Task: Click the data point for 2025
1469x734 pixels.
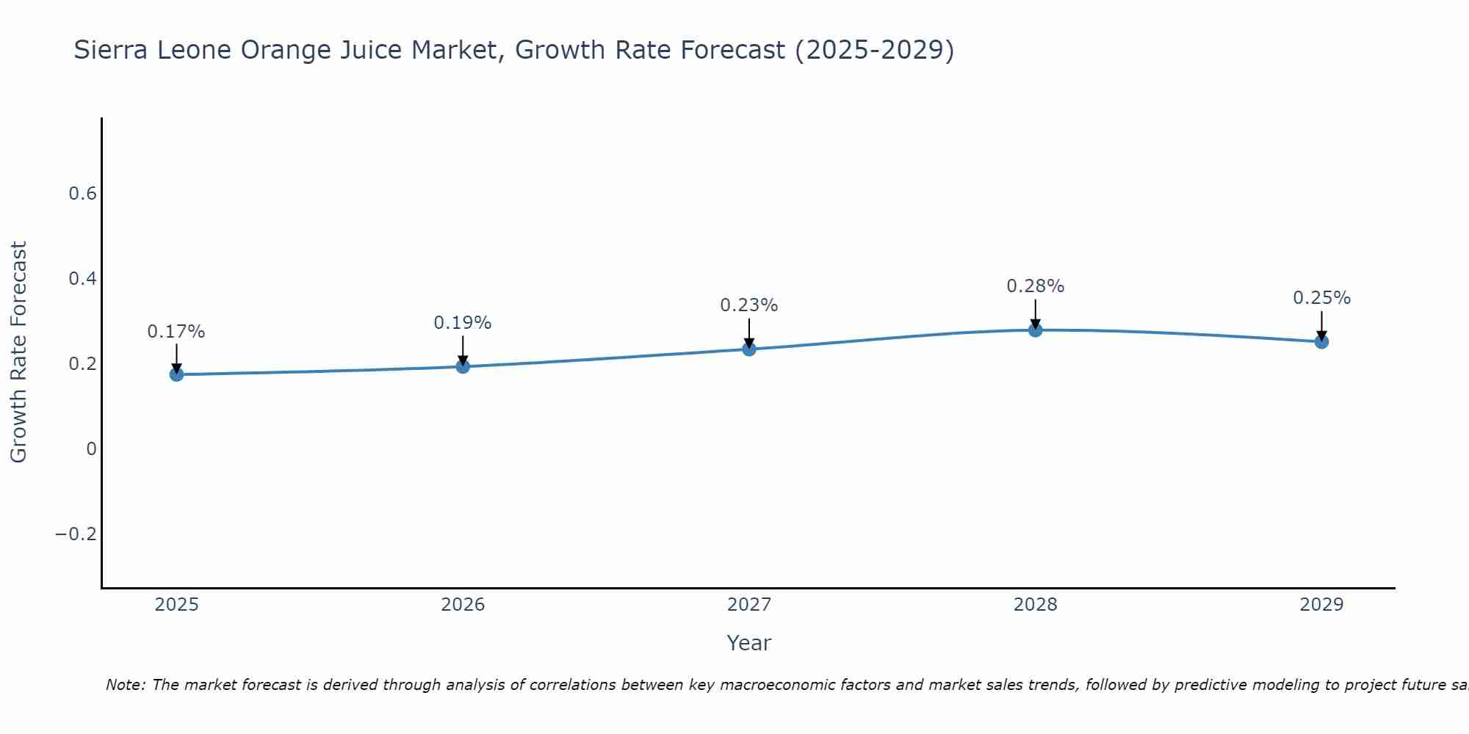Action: click(176, 374)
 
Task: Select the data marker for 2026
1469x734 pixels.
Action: click(463, 366)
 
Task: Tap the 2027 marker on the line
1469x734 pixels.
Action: click(749, 349)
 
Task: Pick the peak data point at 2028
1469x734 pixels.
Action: click(1036, 330)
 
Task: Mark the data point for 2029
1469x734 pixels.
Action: click(1321, 341)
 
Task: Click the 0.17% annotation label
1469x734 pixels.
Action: click(176, 332)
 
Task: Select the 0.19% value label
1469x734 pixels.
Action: click(463, 323)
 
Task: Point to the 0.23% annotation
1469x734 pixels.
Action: click(749, 305)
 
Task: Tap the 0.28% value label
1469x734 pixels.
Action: click(1036, 286)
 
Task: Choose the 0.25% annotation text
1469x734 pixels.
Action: click(1321, 298)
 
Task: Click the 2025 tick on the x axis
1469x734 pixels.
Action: click(177, 605)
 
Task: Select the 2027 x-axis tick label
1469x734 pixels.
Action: click(749, 605)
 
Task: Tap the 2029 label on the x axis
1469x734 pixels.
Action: click(1321, 605)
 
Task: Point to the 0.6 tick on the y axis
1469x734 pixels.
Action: click(83, 194)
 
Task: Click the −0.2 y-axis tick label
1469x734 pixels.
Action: click(76, 534)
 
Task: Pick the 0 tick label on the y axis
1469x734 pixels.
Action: click(91, 448)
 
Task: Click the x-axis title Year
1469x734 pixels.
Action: click(749, 643)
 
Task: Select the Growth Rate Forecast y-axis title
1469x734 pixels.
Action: click(18, 352)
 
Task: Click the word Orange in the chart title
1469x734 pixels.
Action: click(284, 51)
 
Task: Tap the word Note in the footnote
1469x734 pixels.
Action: click(126, 685)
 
